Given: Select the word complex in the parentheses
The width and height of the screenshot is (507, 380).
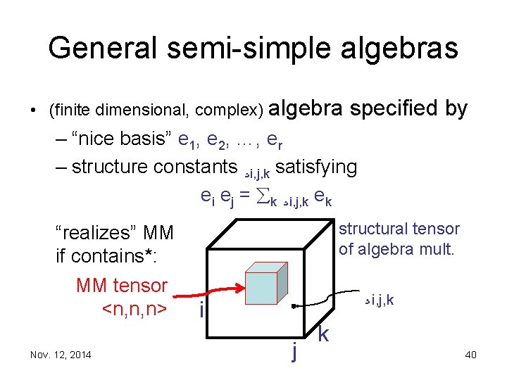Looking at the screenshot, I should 228,110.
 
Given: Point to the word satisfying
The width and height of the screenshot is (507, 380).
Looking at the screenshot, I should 317,167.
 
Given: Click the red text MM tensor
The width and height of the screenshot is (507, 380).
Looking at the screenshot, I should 121,285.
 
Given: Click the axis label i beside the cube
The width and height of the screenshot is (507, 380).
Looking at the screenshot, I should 201,310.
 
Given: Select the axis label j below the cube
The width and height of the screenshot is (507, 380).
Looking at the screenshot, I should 293,348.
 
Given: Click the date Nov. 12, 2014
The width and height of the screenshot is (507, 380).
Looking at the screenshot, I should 61,354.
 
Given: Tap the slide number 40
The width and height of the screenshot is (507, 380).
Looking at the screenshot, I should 470,354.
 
